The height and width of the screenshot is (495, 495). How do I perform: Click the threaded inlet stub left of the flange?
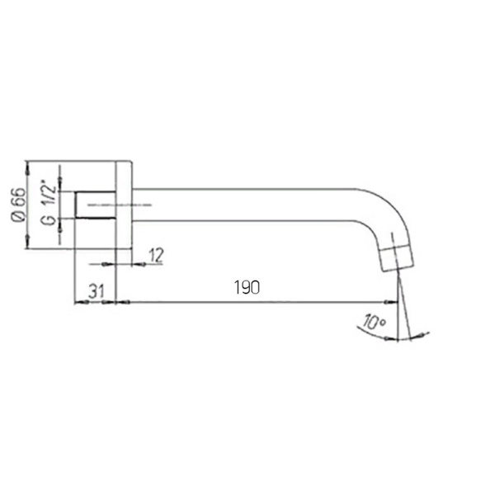(94, 205)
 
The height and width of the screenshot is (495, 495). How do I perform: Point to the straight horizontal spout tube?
(247, 205)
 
